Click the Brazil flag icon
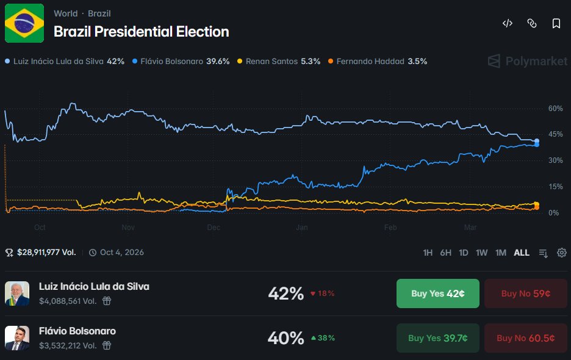[24, 23]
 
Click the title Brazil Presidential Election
[141, 32]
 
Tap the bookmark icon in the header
[556, 23]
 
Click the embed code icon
[507, 23]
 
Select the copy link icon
[531, 23]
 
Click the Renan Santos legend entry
[278, 61]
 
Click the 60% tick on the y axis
[555, 108]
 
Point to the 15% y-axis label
[555, 187]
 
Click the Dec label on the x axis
[214, 228]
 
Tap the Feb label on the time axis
[390, 228]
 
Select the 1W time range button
[482, 253]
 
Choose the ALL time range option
[522, 253]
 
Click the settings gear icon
[562, 253]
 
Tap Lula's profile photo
[17, 293]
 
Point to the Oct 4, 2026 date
[121, 252]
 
